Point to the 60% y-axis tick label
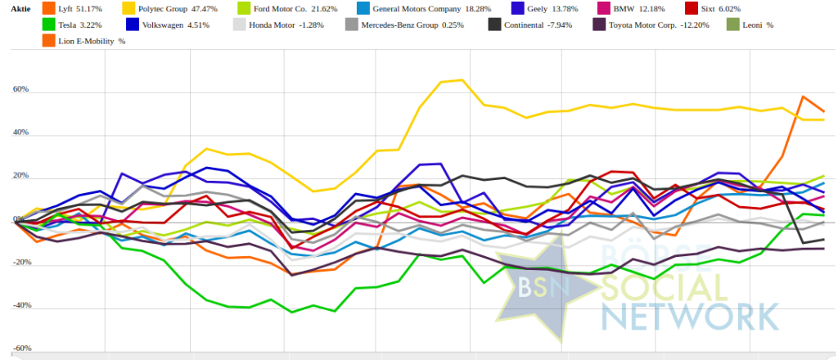click(20, 88)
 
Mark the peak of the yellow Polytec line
click(462, 80)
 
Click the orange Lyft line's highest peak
click(803, 97)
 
